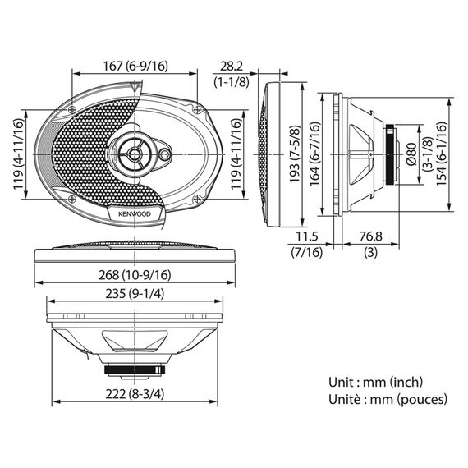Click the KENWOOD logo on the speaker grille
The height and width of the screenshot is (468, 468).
click(x=135, y=214)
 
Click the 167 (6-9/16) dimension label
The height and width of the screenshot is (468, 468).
click(x=135, y=66)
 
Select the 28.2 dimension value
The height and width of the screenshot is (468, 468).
click(x=232, y=67)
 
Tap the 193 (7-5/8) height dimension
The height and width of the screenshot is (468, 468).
click(x=295, y=154)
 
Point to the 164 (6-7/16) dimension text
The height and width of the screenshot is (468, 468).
click(x=314, y=154)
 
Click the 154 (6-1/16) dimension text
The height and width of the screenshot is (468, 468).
click(x=442, y=154)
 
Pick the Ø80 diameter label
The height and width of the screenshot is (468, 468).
click(x=412, y=154)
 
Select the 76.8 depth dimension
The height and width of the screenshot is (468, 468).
click(x=370, y=236)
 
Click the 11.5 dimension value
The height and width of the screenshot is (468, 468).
click(x=307, y=236)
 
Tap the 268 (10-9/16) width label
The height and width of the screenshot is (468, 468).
click(x=135, y=275)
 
